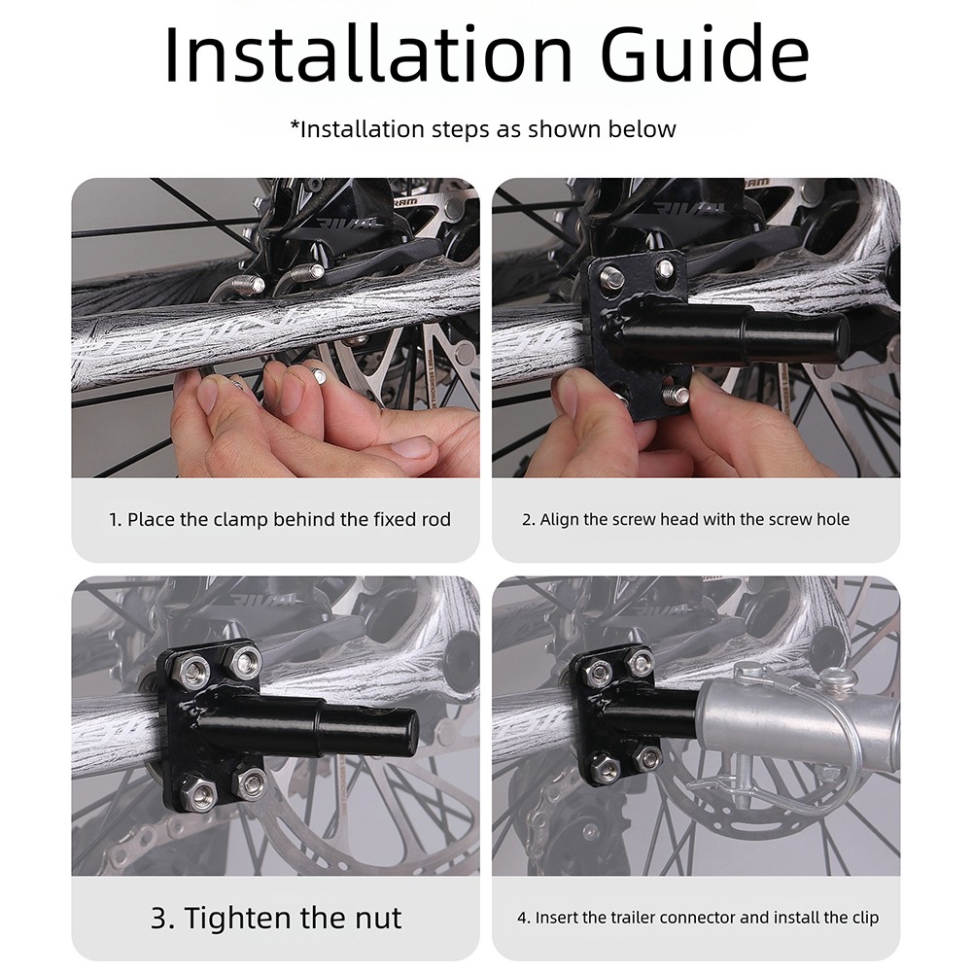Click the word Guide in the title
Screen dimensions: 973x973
pyautogui.click(x=705, y=53)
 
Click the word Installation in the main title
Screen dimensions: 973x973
pyautogui.click(x=368, y=53)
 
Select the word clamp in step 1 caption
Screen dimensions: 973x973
pyautogui.click(x=241, y=519)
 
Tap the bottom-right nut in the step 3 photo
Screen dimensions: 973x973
pyautogui.click(x=250, y=782)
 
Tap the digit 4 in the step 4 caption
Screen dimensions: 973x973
pyautogui.click(x=522, y=918)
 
